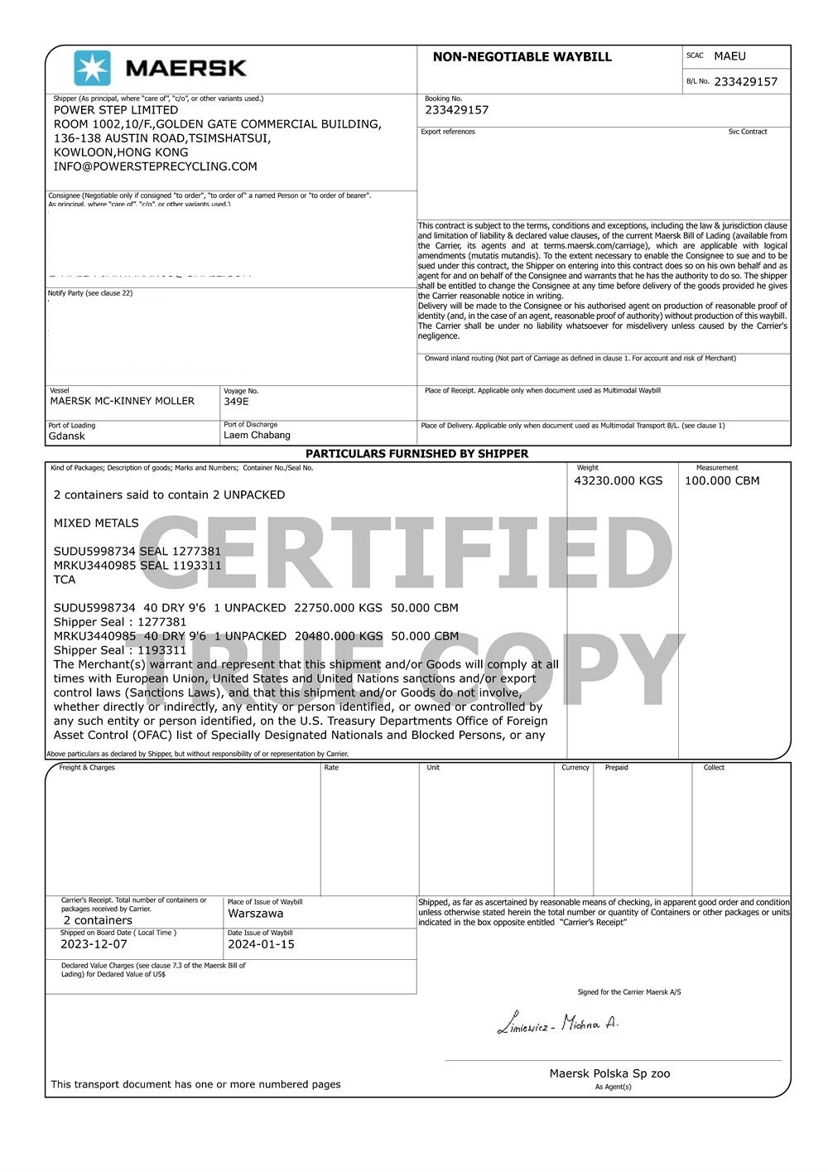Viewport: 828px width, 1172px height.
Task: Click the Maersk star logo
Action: (x=92, y=68)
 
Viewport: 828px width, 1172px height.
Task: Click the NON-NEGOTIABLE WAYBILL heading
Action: (x=522, y=57)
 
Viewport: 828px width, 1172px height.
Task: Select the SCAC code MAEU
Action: (x=729, y=56)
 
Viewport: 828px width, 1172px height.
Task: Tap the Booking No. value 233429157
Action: (x=456, y=110)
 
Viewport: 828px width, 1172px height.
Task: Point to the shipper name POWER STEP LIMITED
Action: (x=116, y=110)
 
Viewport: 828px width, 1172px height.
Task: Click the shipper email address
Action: (x=155, y=166)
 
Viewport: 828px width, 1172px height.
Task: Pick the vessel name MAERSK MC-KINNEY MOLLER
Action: (x=122, y=401)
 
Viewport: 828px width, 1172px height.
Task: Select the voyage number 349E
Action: (x=236, y=402)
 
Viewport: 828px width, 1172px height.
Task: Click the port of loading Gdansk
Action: (x=67, y=436)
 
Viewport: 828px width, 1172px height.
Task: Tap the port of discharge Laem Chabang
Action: (x=257, y=435)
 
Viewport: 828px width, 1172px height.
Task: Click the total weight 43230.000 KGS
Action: (x=619, y=480)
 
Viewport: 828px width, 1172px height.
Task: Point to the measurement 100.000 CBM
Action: (x=721, y=480)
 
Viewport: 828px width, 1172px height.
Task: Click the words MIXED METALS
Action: (x=96, y=523)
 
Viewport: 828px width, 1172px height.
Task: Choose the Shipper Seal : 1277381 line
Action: (x=120, y=622)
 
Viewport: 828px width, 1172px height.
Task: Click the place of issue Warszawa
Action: (x=255, y=914)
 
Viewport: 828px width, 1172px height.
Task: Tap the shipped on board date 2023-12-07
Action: (x=94, y=944)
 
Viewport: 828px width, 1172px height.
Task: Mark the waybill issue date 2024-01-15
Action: (x=261, y=944)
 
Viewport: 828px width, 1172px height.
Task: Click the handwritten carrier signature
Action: (x=557, y=1024)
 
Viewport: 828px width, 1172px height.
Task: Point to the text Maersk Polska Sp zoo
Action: (x=609, y=1073)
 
